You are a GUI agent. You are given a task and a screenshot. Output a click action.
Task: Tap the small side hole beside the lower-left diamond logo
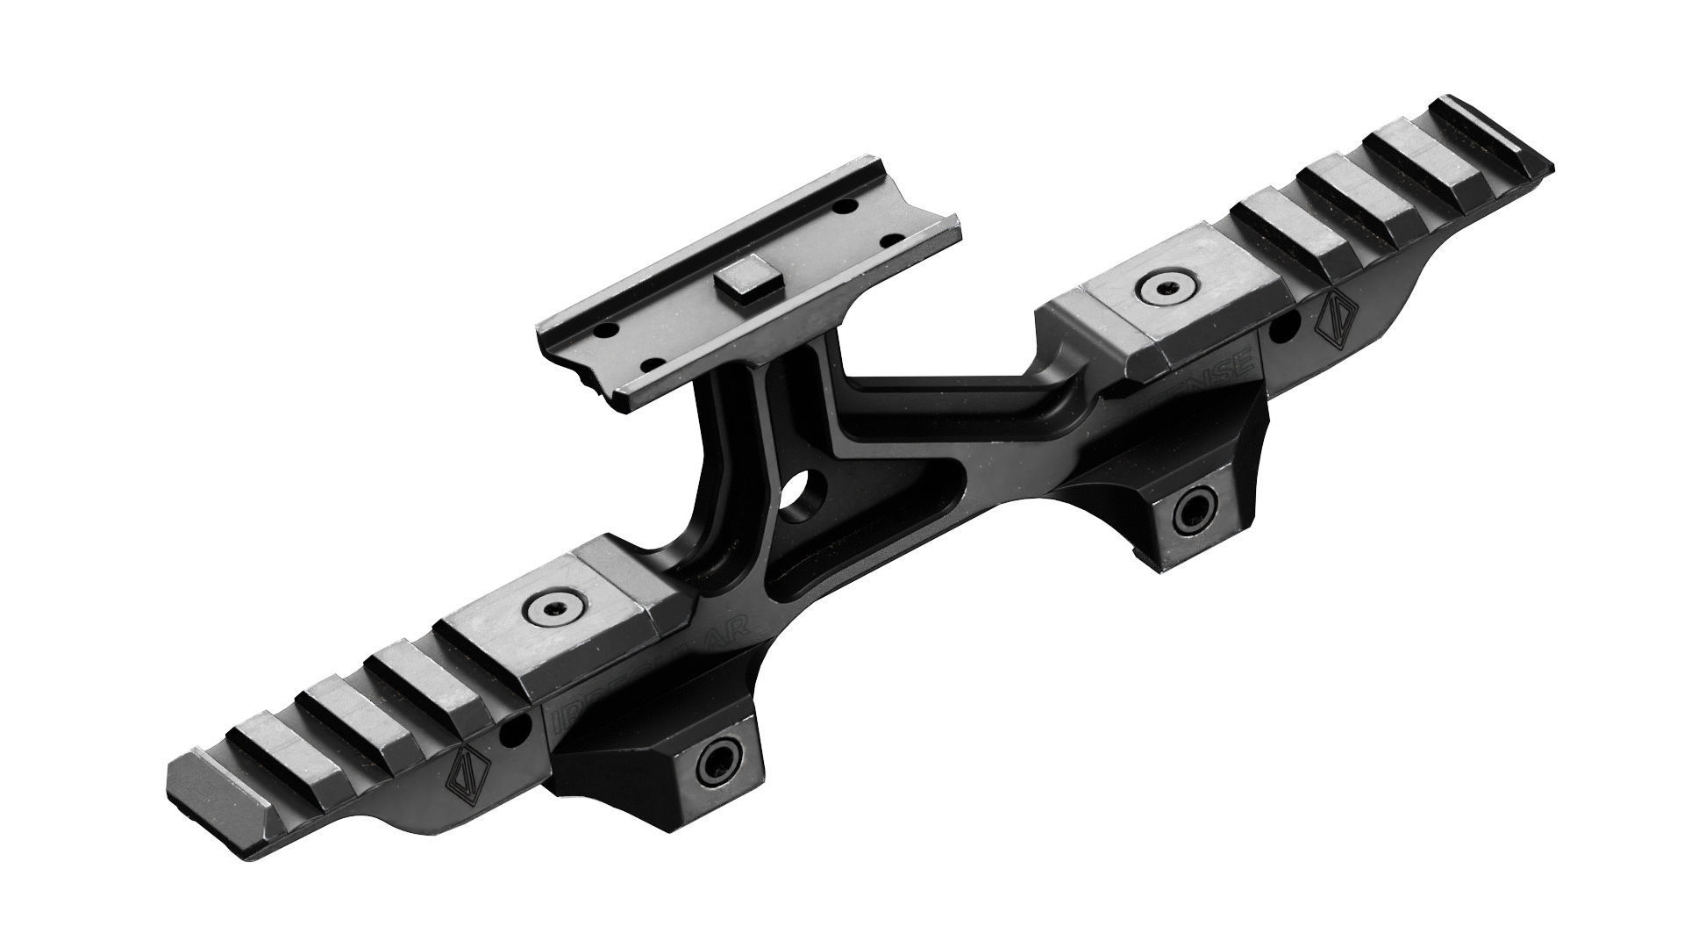pos(517,728)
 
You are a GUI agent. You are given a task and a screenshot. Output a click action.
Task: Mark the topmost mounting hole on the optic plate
pos(846,205)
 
